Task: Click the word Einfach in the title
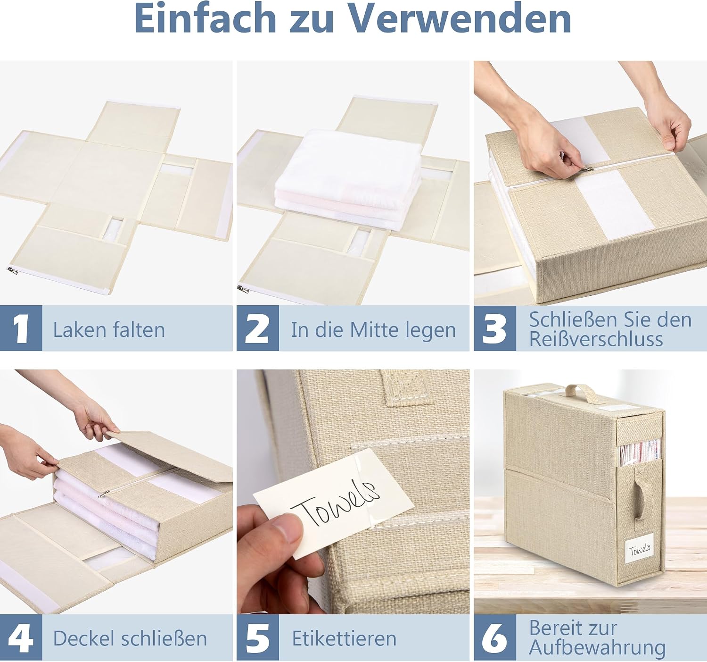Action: [x=206, y=18]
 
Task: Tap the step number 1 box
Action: [x=21, y=328]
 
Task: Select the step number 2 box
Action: [x=258, y=328]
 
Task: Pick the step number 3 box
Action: [x=495, y=328]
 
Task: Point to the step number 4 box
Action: [x=21, y=637]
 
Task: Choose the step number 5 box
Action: [x=258, y=637]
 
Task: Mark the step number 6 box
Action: [x=495, y=637]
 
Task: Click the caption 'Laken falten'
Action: [x=109, y=330]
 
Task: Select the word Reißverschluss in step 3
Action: [x=596, y=339]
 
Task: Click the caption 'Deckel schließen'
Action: [x=130, y=638]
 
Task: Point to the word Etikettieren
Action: [x=344, y=638]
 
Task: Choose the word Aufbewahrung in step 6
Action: [x=597, y=647]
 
